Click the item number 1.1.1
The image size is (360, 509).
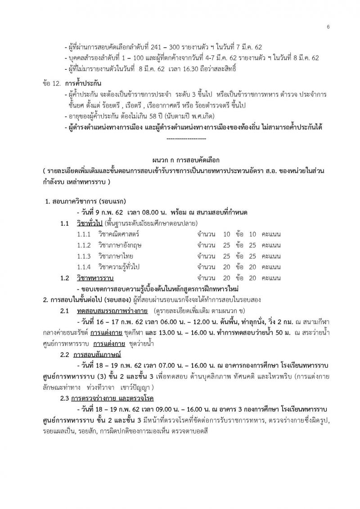(83, 234)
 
